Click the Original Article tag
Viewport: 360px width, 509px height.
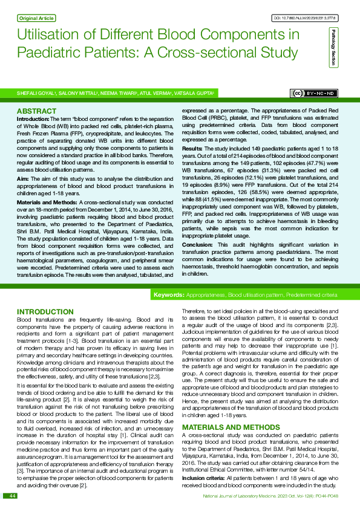click(38, 18)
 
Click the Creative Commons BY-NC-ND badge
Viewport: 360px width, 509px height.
click(315, 93)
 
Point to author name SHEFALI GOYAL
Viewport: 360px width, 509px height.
click(36, 94)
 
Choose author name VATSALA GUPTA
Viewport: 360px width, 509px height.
click(195, 94)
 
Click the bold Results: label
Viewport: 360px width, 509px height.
click(192, 148)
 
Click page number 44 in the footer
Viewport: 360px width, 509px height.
click(11, 496)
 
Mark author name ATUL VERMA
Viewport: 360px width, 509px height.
click(154, 94)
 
